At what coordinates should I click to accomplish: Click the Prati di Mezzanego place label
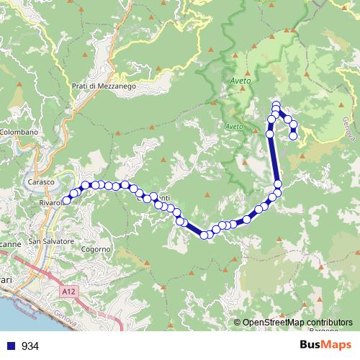[x=104, y=86]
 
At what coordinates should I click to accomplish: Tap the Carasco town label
[x=41, y=182]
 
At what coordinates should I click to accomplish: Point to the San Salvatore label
[x=51, y=240]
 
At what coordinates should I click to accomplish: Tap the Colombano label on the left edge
[x=18, y=132]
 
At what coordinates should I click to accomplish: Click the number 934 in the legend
[x=30, y=346]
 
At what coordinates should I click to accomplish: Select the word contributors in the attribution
[x=330, y=323]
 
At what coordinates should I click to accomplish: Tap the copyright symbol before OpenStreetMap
[x=238, y=323]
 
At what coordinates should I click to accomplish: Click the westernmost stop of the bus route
[x=66, y=201]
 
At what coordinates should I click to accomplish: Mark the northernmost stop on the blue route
[x=276, y=106]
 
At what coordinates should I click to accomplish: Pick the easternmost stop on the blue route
[x=293, y=135]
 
